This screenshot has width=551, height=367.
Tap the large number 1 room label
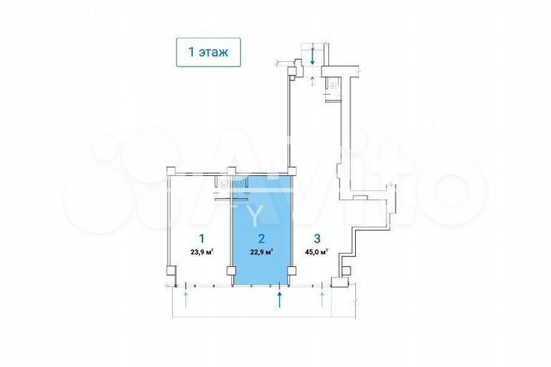(x=201, y=238)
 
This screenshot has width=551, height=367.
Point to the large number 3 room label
(x=316, y=238)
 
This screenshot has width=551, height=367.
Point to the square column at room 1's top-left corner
(x=171, y=171)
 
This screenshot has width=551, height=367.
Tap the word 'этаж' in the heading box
(x=217, y=52)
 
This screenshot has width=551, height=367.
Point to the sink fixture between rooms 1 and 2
(x=239, y=183)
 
